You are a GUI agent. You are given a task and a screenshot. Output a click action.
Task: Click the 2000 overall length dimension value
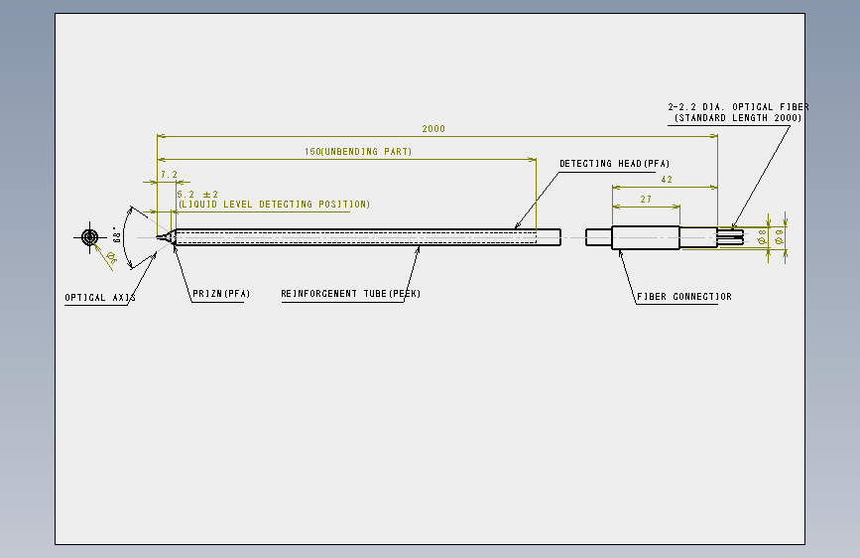(x=433, y=128)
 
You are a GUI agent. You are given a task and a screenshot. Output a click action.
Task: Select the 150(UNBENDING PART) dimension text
(x=358, y=152)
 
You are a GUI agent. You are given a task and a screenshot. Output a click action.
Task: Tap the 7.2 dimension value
(x=169, y=175)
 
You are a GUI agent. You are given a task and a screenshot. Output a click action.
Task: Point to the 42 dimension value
(x=667, y=180)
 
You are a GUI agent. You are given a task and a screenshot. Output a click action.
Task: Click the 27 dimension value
(x=646, y=200)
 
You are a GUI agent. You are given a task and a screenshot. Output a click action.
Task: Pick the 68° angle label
(x=116, y=235)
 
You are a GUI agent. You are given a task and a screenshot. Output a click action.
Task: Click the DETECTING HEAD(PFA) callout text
(x=614, y=164)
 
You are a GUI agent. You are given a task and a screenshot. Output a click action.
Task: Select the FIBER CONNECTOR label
(x=684, y=297)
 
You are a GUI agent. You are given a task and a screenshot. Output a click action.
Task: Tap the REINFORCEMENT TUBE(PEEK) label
(x=351, y=294)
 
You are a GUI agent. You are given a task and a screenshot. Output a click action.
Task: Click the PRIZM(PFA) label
(x=221, y=294)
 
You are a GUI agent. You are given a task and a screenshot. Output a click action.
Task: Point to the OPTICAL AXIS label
(x=100, y=298)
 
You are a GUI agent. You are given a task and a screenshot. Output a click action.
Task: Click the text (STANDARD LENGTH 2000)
(x=738, y=118)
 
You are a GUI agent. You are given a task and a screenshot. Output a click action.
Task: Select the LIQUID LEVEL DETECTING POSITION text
(x=274, y=205)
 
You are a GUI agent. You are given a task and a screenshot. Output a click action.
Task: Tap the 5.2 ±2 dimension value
(x=197, y=195)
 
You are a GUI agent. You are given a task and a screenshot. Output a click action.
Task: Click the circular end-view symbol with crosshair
(x=90, y=237)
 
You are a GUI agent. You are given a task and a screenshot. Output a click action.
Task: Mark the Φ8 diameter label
(x=762, y=237)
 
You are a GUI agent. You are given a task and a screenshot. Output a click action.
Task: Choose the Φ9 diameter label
(x=779, y=237)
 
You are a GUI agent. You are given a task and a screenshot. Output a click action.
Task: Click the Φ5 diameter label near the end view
(x=111, y=257)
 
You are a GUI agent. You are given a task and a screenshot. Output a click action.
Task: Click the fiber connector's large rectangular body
(x=646, y=238)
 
